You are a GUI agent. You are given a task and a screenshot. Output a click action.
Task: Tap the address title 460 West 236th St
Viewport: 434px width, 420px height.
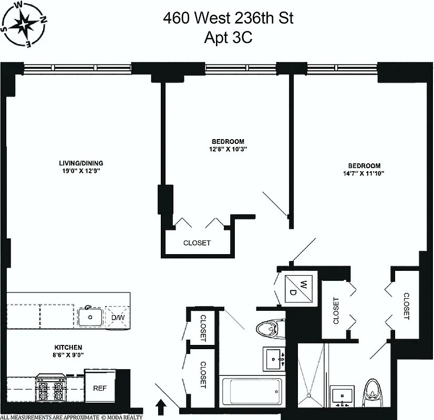click(228, 19)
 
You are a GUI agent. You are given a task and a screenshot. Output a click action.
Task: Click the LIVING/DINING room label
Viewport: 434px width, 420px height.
click(81, 162)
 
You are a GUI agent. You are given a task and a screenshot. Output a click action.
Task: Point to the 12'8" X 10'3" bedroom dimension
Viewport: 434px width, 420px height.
click(228, 149)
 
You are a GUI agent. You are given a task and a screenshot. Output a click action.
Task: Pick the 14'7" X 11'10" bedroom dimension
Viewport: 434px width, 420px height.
click(359, 173)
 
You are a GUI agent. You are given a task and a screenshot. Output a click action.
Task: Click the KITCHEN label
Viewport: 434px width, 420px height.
click(68, 347)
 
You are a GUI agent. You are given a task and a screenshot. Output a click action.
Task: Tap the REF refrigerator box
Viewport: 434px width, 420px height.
click(100, 388)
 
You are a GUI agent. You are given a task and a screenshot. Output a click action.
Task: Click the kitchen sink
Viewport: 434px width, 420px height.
click(91, 317)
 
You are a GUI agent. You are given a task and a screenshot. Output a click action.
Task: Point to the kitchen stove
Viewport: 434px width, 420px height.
click(50, 389)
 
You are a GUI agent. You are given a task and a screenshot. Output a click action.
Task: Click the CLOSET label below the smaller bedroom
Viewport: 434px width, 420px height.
click(197, 243)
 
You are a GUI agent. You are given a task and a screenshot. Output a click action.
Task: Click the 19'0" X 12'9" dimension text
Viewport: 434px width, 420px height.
click(81, 171)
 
